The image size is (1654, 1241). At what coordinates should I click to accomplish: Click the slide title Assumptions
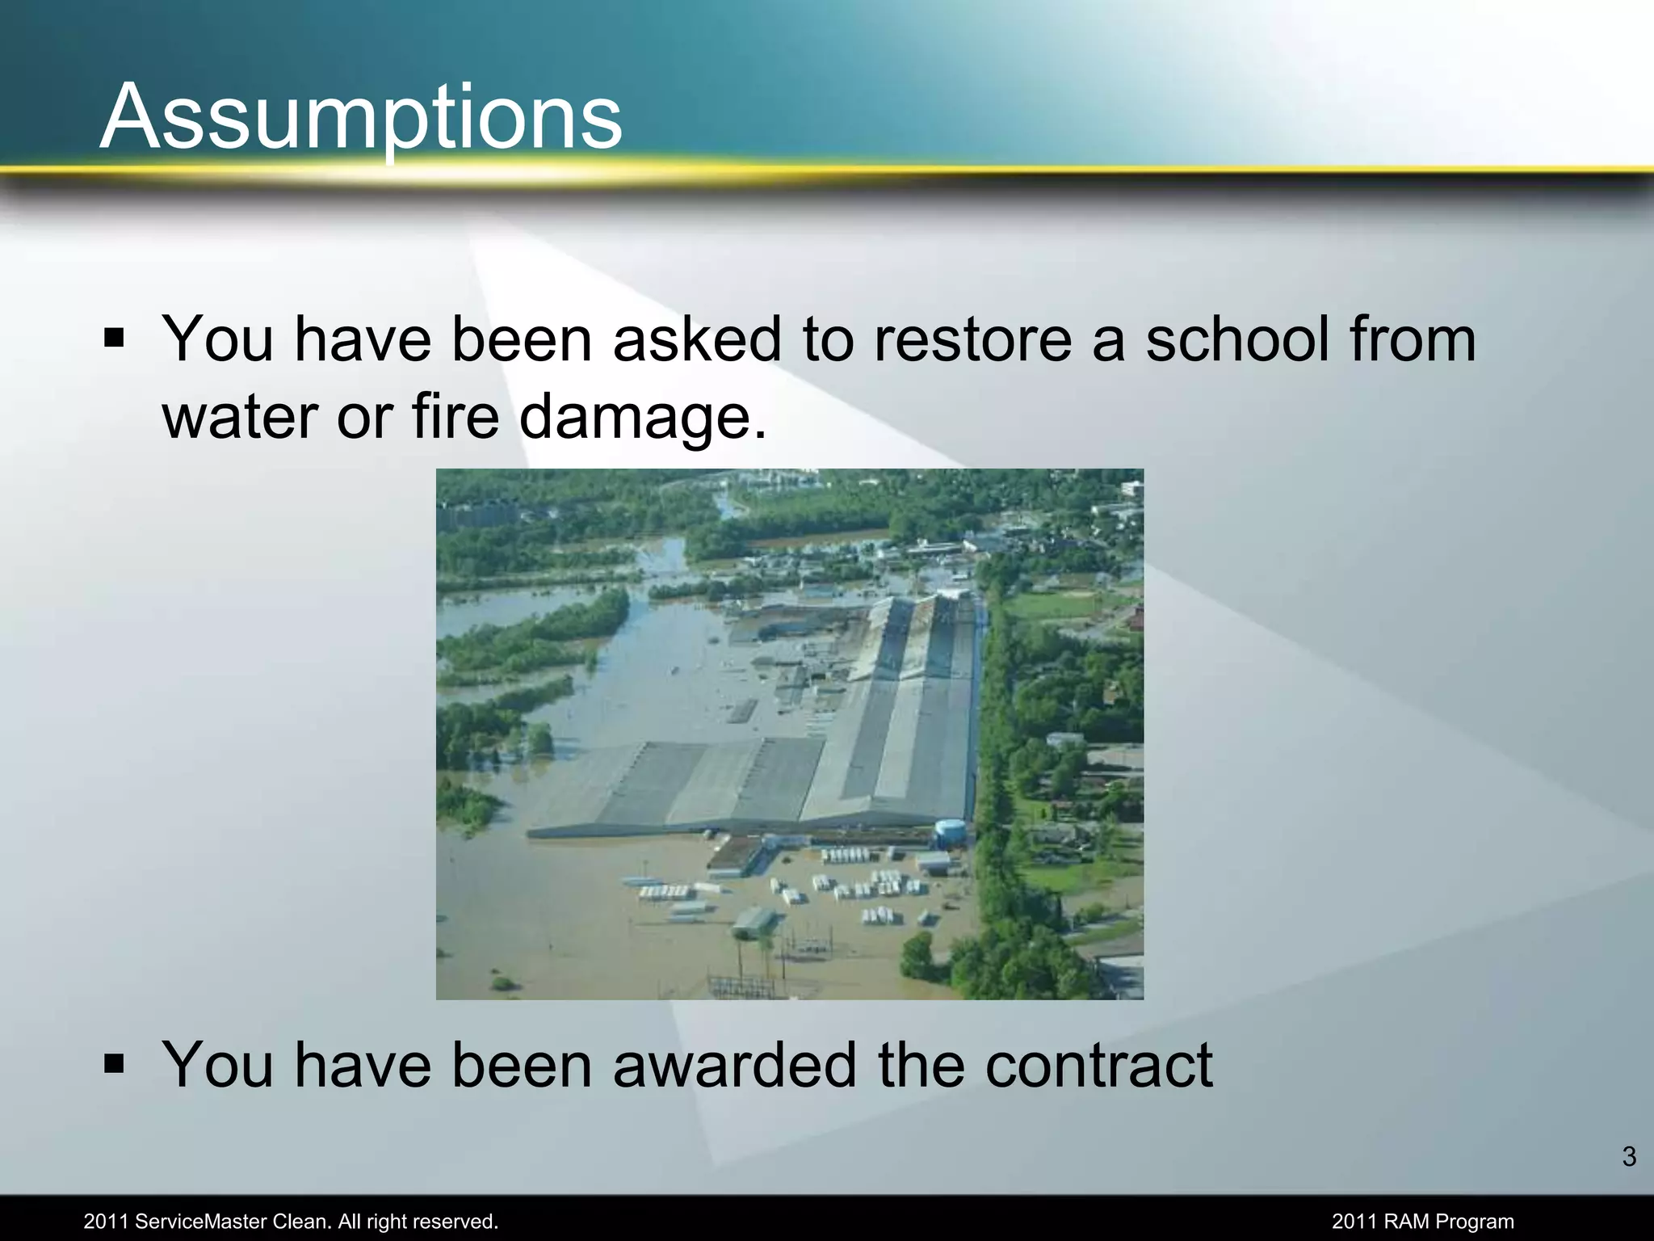click(361, 117)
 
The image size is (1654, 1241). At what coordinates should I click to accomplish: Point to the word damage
click(642, 419)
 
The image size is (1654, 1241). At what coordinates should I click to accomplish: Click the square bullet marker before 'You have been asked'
click(114, 337)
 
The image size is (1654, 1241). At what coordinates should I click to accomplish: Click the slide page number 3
click(1628, 1157)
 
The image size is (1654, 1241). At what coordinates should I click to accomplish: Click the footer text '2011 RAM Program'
click(1422, 1222)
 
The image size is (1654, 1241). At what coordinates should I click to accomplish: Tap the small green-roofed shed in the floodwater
click(754, 921)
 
